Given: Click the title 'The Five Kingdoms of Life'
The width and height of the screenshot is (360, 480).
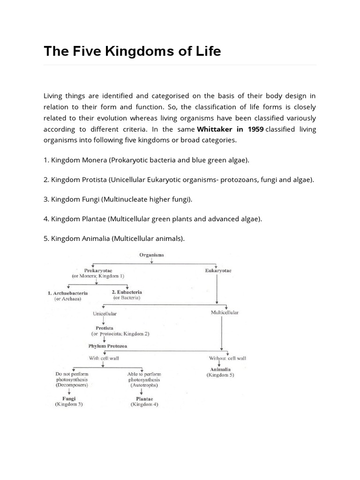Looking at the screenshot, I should click(x=132, y=51).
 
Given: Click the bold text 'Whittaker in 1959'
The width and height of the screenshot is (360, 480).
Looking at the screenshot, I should click(x=230, y=129).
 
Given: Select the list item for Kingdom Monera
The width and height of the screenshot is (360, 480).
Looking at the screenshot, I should click(x=147, y=160).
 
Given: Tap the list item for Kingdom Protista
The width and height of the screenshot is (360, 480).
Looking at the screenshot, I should click(x=179, y=180).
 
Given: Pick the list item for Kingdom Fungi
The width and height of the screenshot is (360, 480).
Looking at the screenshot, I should click(x=118, y=199).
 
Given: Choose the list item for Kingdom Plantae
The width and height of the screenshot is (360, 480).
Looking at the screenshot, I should click(x=152, y=219).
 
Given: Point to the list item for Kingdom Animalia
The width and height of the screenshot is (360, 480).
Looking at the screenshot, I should click(x=114, y=239).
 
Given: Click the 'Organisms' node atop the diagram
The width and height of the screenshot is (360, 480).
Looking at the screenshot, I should click(x=151, y=255).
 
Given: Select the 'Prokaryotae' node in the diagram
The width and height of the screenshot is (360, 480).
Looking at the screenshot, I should click(x=98, y=271).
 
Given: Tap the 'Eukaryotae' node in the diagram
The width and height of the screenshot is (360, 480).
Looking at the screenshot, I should click(x=218, y=271).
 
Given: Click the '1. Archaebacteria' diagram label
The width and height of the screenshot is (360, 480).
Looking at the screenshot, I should click(x=67, y=293).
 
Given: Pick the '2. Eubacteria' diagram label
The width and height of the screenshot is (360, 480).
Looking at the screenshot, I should click(x=127, y=292).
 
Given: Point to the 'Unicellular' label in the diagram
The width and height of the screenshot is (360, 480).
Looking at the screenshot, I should click(x=105, y=313).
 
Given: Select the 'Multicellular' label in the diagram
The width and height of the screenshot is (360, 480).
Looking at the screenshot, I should click(x=225, y=313).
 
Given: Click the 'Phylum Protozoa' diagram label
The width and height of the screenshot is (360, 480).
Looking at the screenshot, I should click(x=107, y=346).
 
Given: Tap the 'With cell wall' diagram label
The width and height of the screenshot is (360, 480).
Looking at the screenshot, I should click(x=104, y=358).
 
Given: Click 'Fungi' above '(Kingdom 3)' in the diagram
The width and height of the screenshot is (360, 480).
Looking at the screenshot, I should click(x=68, y=398).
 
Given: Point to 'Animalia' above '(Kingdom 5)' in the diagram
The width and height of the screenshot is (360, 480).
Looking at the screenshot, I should click(x=220, y=369).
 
